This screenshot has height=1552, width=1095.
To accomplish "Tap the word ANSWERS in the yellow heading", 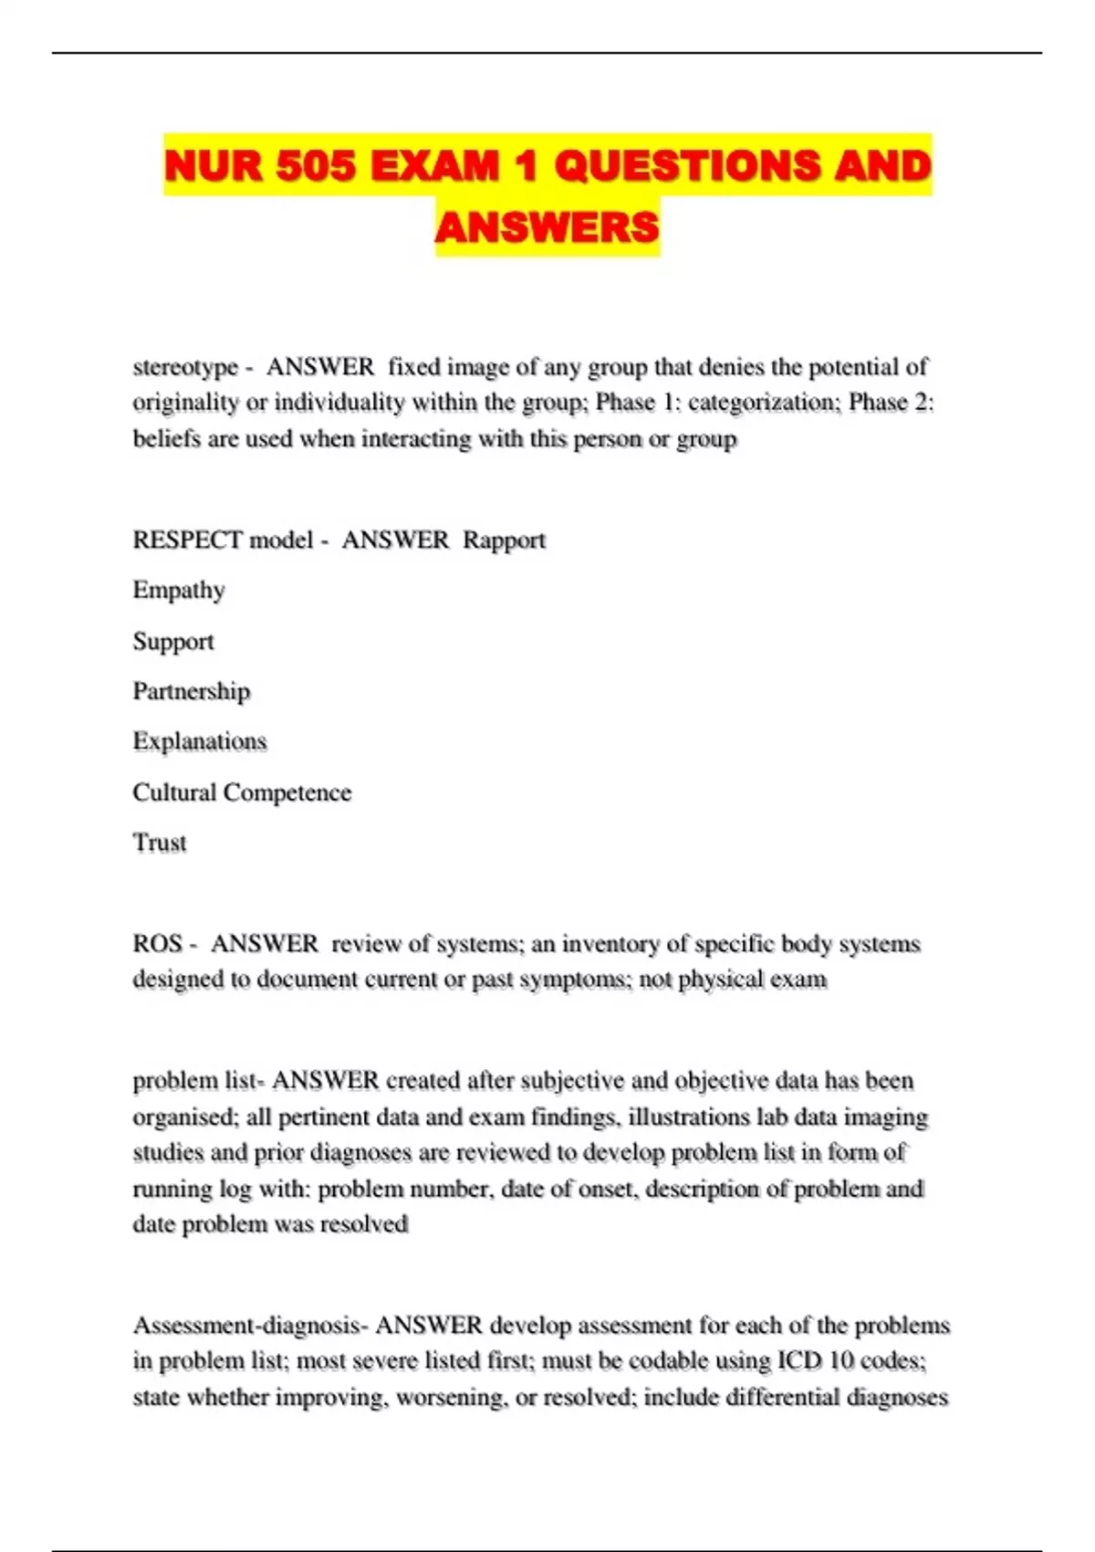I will click(547, 227).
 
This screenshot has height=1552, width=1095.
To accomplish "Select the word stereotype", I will click(185, 367).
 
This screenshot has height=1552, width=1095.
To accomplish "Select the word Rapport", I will click(504, 540).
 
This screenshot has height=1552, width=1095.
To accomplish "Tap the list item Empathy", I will click(179, 591).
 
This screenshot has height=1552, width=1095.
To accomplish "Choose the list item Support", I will click(173, 642).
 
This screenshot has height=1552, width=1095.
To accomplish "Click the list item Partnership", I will click(191, 691).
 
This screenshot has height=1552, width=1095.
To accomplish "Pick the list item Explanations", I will click(199, 741).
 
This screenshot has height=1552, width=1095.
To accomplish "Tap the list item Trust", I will click(160, 843).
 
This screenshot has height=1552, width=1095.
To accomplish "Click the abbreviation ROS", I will click(157, 944).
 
